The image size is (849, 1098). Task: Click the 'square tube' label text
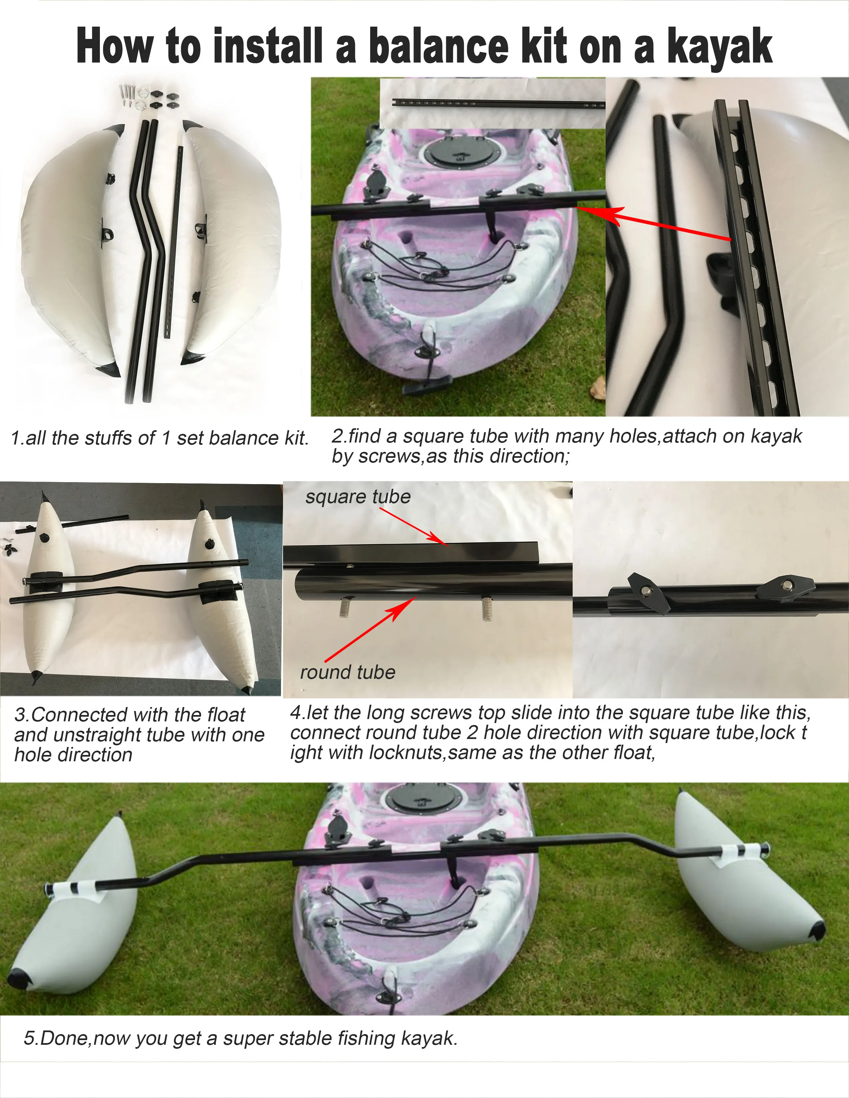(358, 497)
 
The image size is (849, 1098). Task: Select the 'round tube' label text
(348, 672)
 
